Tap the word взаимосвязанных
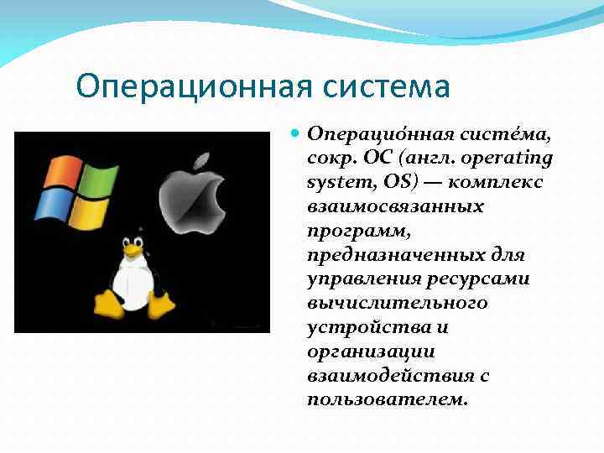click(395, 206)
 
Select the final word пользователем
click(387, 399)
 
